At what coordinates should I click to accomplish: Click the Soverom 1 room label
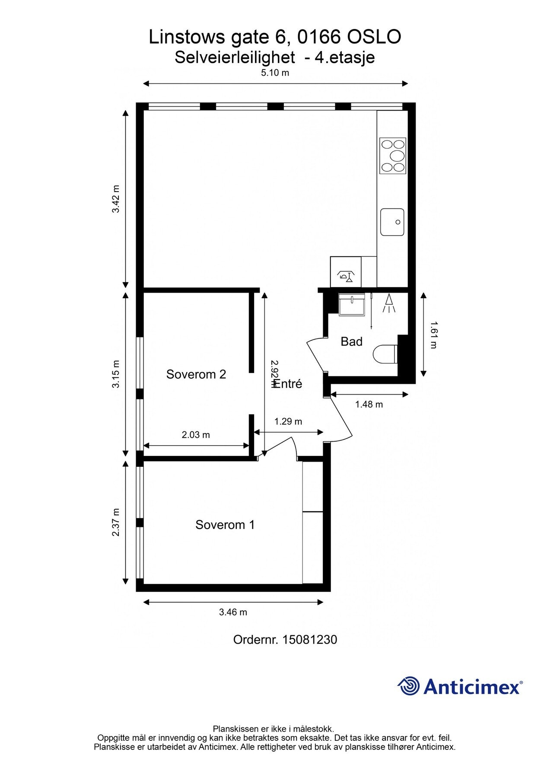click(225, 525)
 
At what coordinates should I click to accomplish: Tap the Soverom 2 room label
click(196, 374)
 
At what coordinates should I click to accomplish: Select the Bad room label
click(351, 342)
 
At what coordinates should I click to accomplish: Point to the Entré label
click(288, 384)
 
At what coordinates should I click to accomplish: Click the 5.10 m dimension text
click(275, 73)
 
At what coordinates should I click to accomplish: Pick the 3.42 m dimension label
click(116, 199)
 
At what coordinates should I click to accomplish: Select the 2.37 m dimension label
click(116, 523)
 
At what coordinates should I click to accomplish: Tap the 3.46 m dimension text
click(233, 612)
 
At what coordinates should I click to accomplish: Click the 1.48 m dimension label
click(369, 405)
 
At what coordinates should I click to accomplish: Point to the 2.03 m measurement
click(196, 435)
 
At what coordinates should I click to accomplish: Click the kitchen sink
click(392, 222)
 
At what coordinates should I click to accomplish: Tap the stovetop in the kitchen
click(393, 155)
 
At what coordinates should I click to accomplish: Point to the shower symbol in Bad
click(390, 303)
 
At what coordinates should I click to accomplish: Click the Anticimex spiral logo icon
click(409, 686)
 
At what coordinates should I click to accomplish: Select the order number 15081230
click(309, 640)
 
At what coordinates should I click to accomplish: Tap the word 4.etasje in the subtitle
click(345, 57)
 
